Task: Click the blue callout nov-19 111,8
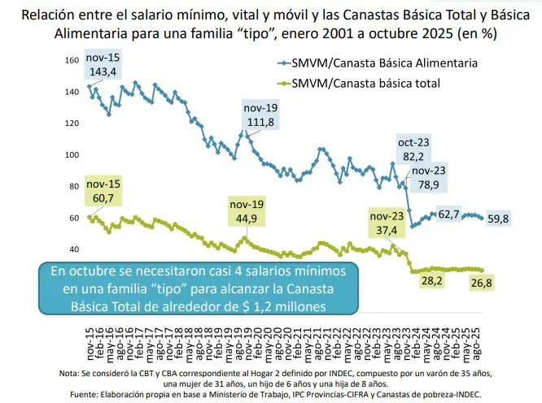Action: point(260,115)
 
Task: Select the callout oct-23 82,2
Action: point(413,149)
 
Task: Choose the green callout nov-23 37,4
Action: point(387,223)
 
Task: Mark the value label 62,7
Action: point(449,214)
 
